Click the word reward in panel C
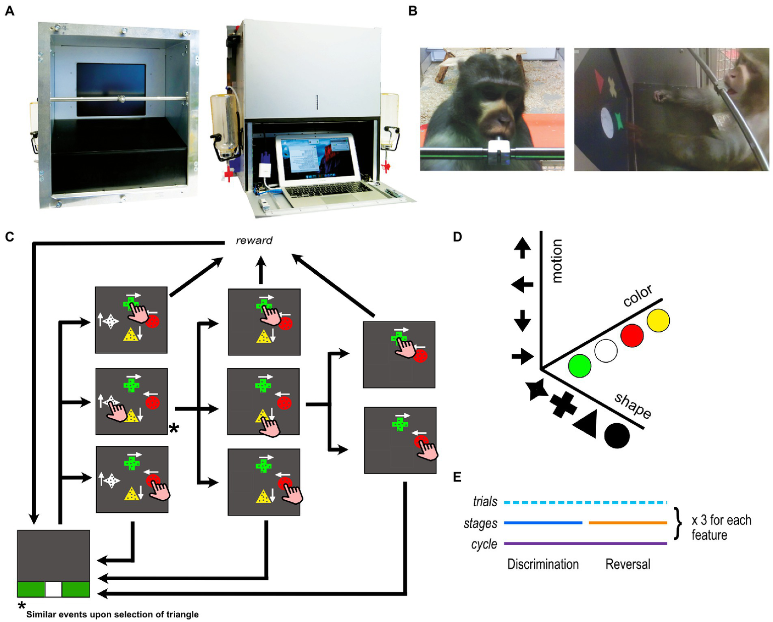coord(254,241)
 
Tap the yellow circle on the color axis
coord(658,321)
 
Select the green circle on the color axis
coord(580,366)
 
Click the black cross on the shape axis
coord(563,404)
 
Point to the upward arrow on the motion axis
coord(522,248)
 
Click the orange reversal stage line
coord(627,523)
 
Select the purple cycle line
coord(585,543)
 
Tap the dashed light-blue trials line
coord(585,502)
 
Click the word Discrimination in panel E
coord(543,564)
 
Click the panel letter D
coord(457,237)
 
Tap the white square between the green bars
coord(53,589)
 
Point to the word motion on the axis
coord(556,261)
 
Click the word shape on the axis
coord(633,405)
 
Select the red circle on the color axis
coord(632,336)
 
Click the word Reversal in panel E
coord(627,564)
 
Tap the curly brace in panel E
coord(678,523)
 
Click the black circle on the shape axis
coord(617,436)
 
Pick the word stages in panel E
coord(480,524)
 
